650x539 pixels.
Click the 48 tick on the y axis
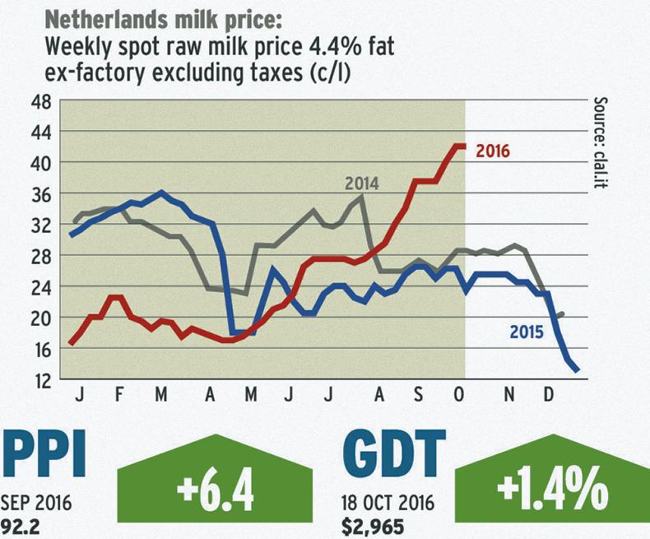pyautogui.click(x=40, y=101)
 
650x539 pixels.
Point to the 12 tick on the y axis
pyautogui.click(x=40, y=379)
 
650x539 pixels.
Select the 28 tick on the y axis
pyautogui.click(x=40, y=256)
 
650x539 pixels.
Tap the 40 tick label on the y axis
pyautogui.click(x=40, y=163)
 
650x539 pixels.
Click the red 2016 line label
pyautogui.click(x=493, y=151)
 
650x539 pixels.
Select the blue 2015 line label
pyautogui.click(x=527, y=333)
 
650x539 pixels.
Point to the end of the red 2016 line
pyautogui.click(x=465, y=146)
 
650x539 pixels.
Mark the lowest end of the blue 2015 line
pyautogui.click(x=578, y=370)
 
